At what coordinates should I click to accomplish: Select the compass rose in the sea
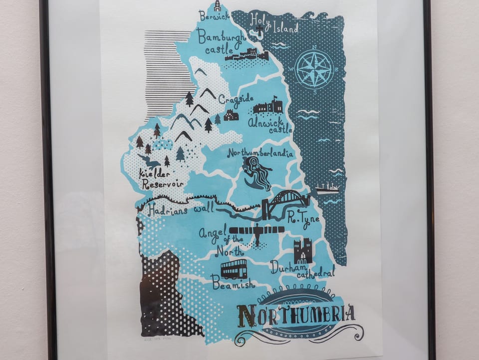315,70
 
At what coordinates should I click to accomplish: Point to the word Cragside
233,100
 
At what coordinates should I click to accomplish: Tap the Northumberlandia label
260,152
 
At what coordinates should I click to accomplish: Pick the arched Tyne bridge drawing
284,202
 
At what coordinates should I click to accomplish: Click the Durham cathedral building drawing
303,251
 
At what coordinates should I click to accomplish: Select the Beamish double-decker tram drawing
234,269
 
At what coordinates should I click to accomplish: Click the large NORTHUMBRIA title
296,314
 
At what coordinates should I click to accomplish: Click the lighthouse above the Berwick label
217,6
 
